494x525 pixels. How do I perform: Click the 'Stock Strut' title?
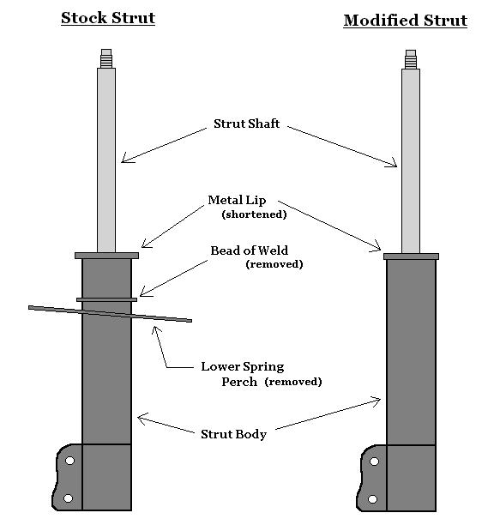coord(108,18)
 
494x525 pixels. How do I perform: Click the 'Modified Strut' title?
coord(406,21)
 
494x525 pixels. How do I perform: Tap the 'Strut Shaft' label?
coord(247,124)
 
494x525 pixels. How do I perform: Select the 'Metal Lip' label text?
coord(237,200)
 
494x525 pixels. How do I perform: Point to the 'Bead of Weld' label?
coord(249,250)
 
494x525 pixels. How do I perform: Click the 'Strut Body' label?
coord(233,434)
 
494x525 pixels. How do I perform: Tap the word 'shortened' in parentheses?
coord(255,214)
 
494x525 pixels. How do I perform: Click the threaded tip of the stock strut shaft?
coord(106,58)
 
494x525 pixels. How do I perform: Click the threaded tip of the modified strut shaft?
coord(411,59)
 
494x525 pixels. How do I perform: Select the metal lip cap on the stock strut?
coord(106,256)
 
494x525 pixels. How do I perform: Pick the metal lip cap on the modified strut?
coord(411,256)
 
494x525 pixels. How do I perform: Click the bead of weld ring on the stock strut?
coord(106,299)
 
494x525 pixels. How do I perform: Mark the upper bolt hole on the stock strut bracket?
coord(69,461)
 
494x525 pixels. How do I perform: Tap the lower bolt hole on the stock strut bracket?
coord(68,498)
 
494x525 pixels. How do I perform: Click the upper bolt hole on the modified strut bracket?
coord(374,462)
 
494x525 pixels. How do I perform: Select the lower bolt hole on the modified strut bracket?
coord(372,499)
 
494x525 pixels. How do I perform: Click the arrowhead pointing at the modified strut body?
coord(377,401)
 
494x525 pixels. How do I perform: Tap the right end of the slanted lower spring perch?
coord(190,321)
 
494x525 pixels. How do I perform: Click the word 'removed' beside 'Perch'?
coord(293,382)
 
